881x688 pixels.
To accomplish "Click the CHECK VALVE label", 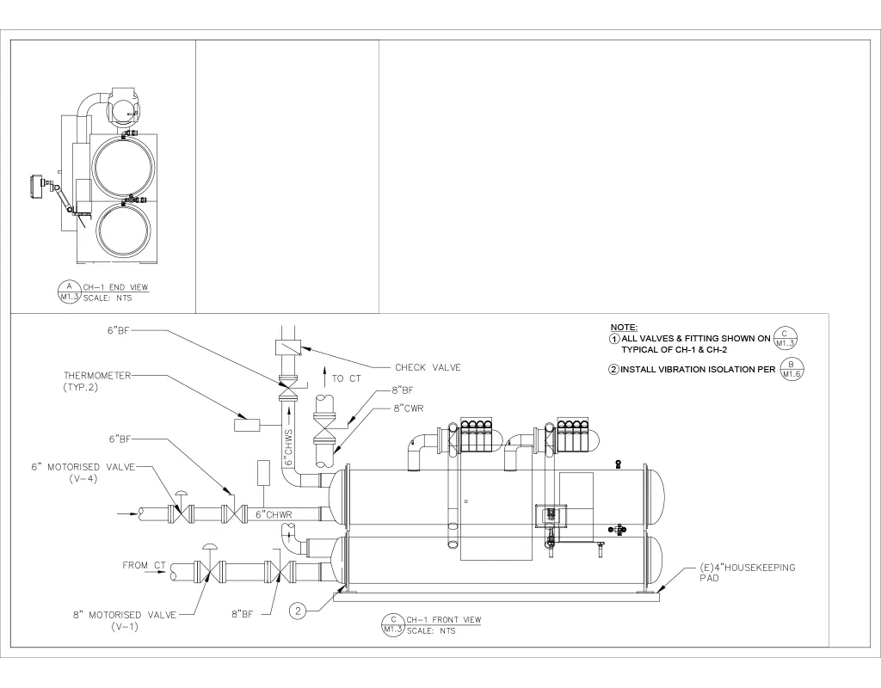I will (428, 367).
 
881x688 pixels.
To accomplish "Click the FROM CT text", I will (144, 565).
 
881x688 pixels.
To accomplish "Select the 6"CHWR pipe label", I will (274, 515).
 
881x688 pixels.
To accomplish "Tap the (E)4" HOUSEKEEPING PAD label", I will (745, 573).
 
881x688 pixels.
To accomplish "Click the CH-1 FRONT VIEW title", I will (443, 619).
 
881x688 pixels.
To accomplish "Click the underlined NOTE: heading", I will (623, 328).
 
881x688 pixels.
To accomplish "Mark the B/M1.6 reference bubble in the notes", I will (793, 369).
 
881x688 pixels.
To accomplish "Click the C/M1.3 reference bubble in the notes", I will (785, 338).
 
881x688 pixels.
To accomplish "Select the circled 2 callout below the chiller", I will (298, 611).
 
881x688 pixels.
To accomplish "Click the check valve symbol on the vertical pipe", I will (286, 347).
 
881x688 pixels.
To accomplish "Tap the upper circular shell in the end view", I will (125, 167).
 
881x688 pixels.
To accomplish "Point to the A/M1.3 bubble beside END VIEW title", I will (67, 292).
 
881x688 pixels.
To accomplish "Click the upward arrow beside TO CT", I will (323, 377).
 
